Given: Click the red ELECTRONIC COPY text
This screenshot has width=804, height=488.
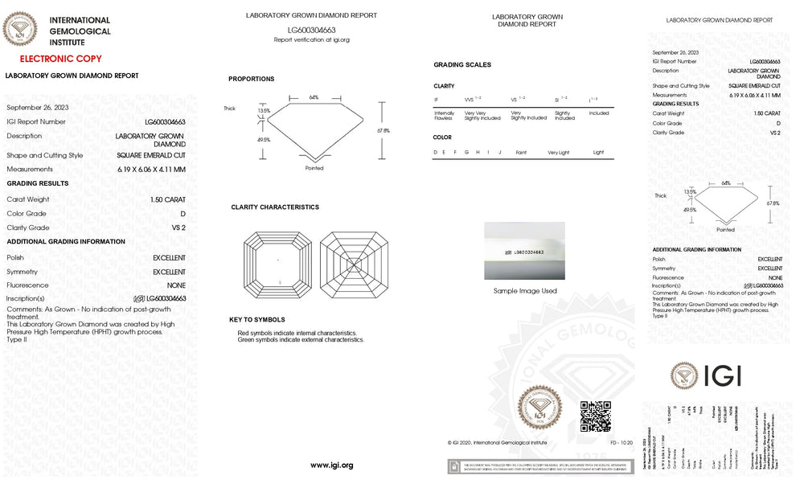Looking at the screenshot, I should [x=60, y=59].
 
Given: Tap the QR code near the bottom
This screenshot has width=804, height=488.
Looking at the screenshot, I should [x=596, y=416].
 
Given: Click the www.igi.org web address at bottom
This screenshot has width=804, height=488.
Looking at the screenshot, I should [x=331, y=465].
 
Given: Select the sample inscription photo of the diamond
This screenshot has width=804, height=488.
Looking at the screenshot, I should [x=524, y=252].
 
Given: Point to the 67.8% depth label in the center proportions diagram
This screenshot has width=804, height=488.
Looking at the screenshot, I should [x=384, y=130].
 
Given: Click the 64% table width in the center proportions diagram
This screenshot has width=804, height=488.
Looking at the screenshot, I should [x=314, y=97].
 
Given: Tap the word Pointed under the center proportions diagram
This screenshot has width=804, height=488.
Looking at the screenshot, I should [x=314, y=168].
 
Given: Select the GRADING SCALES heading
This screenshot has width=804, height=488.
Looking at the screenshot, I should [x=462, y=64].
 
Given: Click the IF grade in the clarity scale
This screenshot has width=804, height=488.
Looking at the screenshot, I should [x=437, y=99].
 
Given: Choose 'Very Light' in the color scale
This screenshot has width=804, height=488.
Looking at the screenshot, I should [x=559, y=152].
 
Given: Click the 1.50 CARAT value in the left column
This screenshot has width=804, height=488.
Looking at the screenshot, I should [x=167, y=199].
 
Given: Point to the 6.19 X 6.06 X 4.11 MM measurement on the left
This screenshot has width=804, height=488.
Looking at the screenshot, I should [x=150, y=169].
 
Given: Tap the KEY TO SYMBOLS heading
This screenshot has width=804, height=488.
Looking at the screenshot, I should [x=256, y=320].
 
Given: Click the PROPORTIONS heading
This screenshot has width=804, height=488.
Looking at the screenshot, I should [x=251, y=79].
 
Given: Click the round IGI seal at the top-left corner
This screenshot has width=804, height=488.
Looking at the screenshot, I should [x=20, y=30].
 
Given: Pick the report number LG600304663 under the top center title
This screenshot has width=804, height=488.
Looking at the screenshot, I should [x=311, y=30].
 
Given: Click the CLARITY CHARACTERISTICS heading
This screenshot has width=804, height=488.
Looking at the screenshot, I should [x=275, y=207].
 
